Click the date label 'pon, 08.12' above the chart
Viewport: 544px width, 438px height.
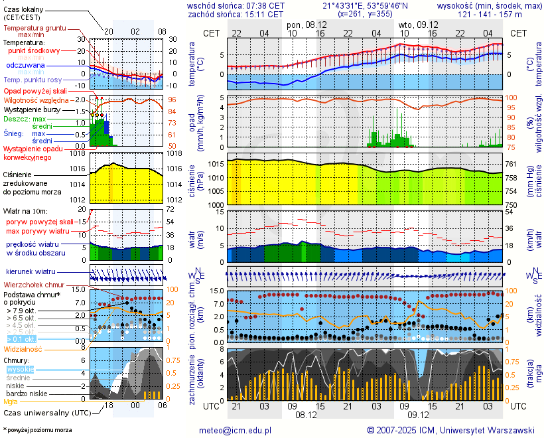click(306, 24)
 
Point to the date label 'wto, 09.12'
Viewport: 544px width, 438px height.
click(417, 24)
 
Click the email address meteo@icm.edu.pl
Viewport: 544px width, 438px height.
click(236, 430)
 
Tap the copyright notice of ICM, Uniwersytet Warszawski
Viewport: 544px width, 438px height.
click(450, 430)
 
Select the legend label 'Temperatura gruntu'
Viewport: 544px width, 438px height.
click(34, 29)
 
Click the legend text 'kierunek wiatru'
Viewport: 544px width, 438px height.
click(30, 272)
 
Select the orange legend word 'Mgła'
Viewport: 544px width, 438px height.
click(11, 402)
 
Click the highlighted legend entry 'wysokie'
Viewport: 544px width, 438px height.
click(21, 369)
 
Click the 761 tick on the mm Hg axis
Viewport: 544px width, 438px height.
click(511, 164)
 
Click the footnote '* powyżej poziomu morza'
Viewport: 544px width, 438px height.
click(37, 430)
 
